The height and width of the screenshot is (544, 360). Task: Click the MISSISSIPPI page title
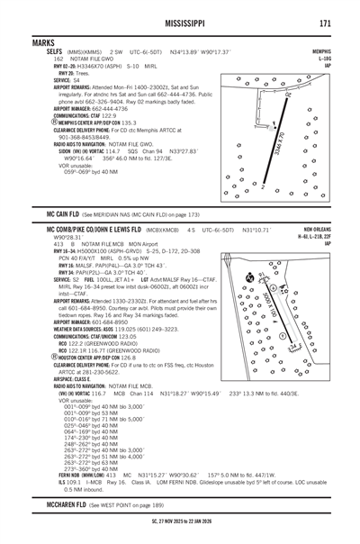tap(179, 23)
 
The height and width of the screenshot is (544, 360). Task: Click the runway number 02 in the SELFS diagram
tap(289, 93)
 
